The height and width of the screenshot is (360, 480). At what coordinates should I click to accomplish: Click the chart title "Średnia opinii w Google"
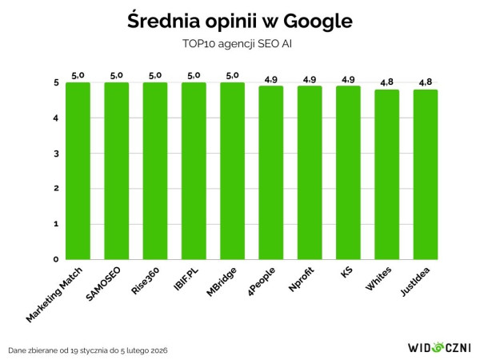tap(240, 21)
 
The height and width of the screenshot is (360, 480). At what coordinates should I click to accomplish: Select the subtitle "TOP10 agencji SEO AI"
tap(239, 44)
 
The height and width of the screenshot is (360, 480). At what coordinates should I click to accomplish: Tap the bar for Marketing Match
tap(78, 170)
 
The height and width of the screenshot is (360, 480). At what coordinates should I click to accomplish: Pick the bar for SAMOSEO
tap(116, 170)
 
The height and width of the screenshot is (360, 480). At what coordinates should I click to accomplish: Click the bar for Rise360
tap(155, 170)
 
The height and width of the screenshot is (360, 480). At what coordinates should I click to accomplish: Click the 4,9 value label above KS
tap(348, 79)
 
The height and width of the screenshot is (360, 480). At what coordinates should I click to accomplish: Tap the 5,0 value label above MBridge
tap(232, 75)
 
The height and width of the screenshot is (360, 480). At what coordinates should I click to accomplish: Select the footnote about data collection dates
tap(88, 350)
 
